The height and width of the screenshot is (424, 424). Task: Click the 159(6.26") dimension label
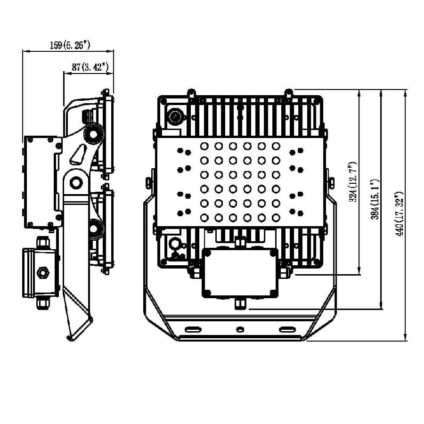[x=70, y=45]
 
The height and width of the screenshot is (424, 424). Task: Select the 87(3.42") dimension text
[x=90, y=67]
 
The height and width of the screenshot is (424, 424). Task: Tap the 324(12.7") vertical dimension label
[x=353, y=182]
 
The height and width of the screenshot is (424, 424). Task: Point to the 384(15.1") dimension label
[x=375, y=199]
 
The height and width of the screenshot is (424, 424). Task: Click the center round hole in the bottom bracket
[x=240, y=329]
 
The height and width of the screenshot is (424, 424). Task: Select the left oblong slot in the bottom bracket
[x=193, y=329]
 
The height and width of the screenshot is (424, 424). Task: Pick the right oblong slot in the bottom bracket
[x=287, y=329]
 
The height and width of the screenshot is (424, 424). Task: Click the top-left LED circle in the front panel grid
[x=204, y=147]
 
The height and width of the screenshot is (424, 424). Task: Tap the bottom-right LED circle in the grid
[x=276, y=217]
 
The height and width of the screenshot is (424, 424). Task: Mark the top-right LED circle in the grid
[x=276, y=147]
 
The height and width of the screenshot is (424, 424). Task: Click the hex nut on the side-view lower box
[x=43, y=272]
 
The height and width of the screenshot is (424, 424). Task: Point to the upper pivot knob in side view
[x=94, y=134]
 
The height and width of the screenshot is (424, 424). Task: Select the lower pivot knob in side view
[x=94, y=229]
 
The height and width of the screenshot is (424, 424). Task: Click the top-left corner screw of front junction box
[x=207, y=253]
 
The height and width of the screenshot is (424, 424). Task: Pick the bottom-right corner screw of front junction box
[x=273, y=293]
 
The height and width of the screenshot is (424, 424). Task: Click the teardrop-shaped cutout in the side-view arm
[x=78, y=155]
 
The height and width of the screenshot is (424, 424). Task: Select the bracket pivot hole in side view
[x=76, y=183]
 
